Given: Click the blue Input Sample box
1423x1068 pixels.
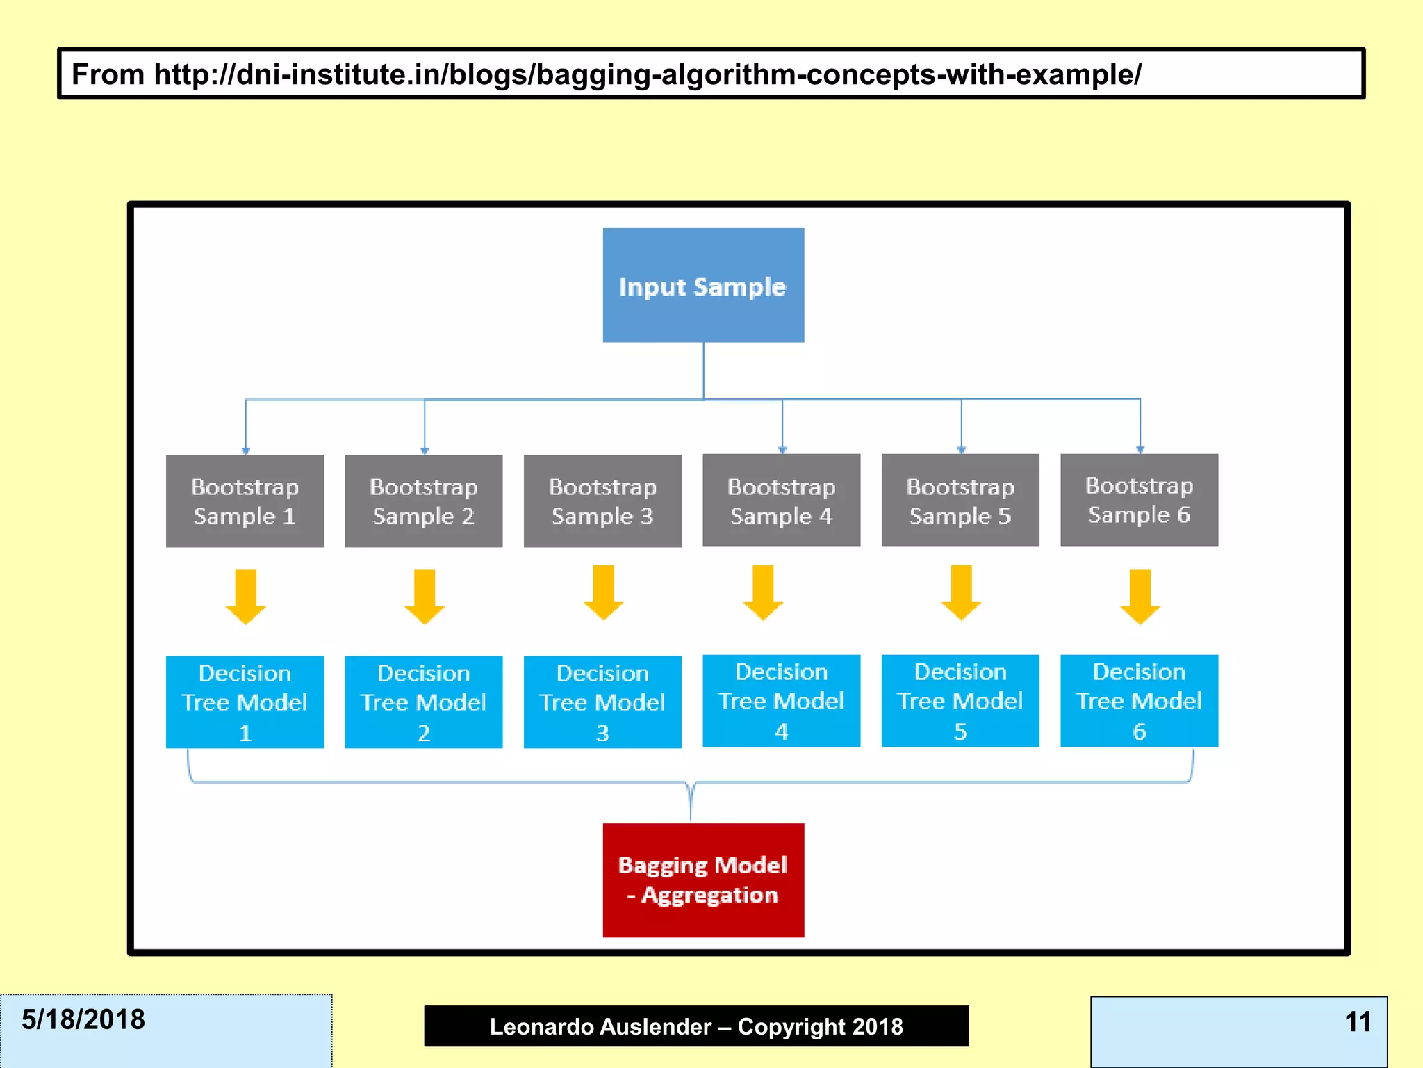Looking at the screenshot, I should (x=703, y=285).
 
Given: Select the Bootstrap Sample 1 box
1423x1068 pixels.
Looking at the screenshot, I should (x=245, y=501).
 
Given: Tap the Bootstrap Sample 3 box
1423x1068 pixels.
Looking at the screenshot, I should (x=602, y=501).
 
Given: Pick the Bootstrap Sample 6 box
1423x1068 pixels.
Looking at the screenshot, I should (x=1139, y=500).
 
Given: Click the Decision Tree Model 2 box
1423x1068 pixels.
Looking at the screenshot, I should (x=423, y=702).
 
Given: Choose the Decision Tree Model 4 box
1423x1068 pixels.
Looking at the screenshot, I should (x=781, y=700).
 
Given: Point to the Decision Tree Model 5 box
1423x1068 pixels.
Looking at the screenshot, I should (x=960, y=700).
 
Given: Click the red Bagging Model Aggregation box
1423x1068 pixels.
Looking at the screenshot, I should (x=703, y=880).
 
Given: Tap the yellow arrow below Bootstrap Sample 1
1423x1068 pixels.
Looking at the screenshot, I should (x=245, y=597).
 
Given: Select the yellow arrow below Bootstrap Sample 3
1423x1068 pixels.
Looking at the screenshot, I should (x=603, y=592).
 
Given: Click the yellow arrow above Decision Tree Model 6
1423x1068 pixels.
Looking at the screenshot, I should (x=1140, y=597).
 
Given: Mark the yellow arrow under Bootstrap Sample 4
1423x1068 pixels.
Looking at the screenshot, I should (x=763, y=592).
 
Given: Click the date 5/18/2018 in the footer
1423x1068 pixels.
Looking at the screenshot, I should (x=83, y=1019).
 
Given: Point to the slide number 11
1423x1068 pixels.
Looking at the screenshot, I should (x=1358, y=1021).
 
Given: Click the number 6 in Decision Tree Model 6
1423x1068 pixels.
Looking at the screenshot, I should (x=1139, y=731).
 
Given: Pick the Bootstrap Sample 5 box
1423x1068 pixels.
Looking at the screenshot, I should (x=960, y=500).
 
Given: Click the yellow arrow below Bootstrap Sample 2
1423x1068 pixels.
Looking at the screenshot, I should (x=425, y=597).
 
